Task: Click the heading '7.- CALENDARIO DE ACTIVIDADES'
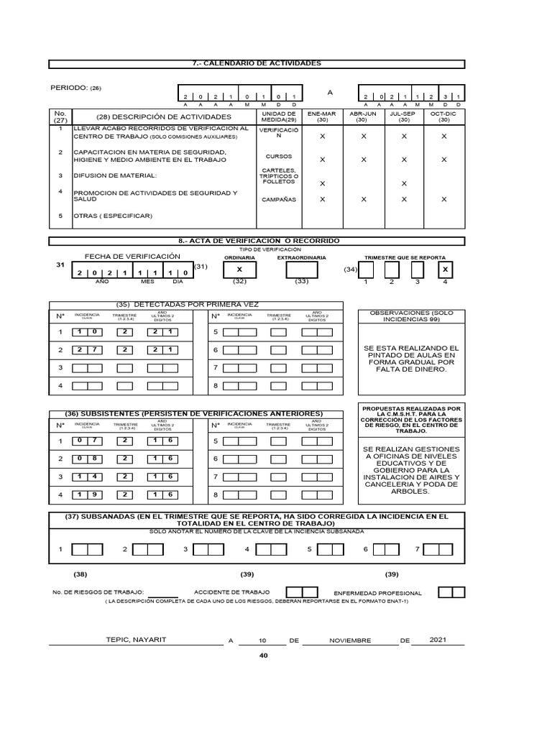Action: click(x=257, y=64)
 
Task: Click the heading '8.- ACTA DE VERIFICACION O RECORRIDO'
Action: click(x=257, y=240)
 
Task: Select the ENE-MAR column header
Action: click(x=322, y=117)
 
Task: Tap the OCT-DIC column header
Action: click(x=443, y=117)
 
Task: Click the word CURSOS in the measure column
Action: click(x=279, y=156)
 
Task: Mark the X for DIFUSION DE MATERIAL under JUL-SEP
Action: click(x=403, y=184)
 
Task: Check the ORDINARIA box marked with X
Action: click(x=239, y=270)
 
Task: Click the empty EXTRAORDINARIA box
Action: click(x=302, y=270)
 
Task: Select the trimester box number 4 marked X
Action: click(x=446, y=270)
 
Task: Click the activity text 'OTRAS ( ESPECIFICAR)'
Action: click(x=114, y=216)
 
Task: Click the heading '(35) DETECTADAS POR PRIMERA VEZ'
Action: click(x=185, y=305)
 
